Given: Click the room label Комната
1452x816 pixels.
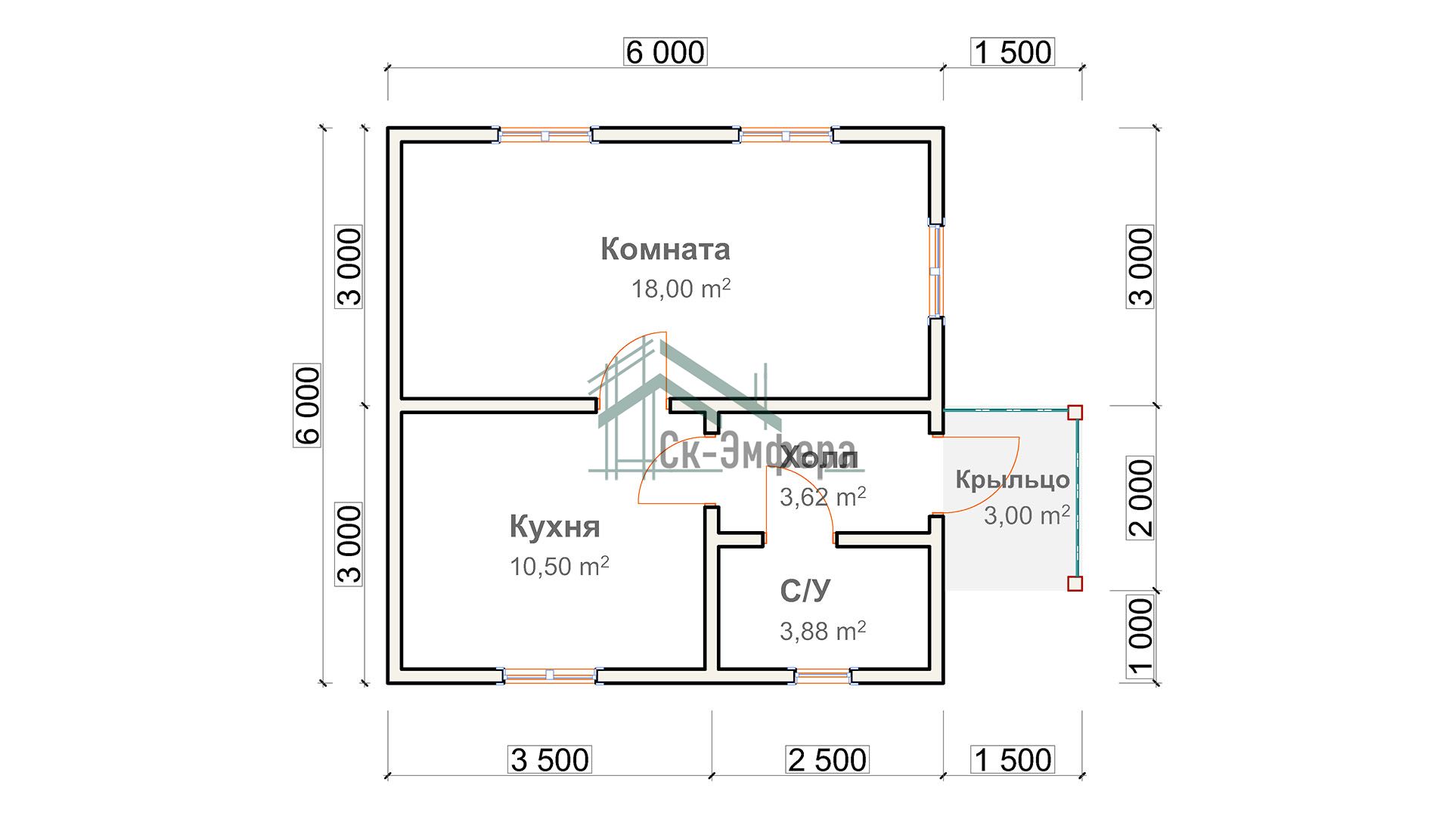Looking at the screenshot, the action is tap(665, 249).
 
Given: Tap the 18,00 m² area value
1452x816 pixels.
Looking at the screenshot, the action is tap(681, 288).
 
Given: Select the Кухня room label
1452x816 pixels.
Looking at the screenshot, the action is tap(554, 527).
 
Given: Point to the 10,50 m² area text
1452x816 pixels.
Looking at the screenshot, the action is tap(559, 566).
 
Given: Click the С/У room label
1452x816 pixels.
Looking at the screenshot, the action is tap(805, 591).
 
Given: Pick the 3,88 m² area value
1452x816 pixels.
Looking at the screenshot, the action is tap(823, 630).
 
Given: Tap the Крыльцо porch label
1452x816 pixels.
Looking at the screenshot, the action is tap(1013, 481).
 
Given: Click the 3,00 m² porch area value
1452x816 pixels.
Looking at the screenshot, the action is tap(1027, 515).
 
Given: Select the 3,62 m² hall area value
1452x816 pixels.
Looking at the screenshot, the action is tap(823, 496).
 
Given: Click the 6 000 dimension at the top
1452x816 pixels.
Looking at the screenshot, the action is tap(665, 52).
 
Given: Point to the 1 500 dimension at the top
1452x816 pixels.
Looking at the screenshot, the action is tap(1013, 52).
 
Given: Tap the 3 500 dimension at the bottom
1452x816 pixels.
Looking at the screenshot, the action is tap(550, 760).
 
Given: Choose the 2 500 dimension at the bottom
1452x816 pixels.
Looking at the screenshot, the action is tap(827, 760).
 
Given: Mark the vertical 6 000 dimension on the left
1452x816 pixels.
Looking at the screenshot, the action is tap(307, 406).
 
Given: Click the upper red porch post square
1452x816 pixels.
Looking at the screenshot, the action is tap(1075, 413).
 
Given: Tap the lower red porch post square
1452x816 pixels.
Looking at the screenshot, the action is tap(1075, 583).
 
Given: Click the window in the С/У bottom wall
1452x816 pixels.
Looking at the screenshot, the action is tap(823, 675).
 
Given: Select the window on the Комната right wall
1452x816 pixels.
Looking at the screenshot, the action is tap(936, 270).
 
